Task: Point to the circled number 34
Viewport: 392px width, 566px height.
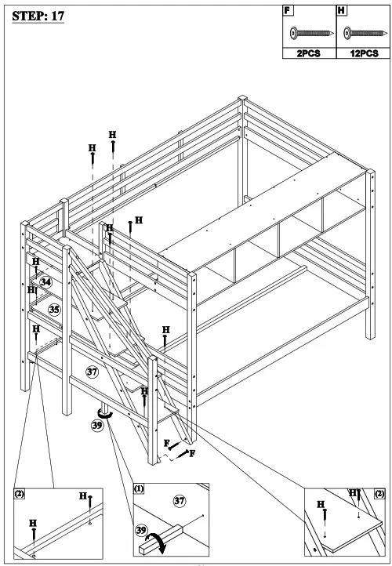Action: point(46,281)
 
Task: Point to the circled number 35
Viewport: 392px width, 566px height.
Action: point(54,309)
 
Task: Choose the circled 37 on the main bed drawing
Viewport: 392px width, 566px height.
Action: point(92,372)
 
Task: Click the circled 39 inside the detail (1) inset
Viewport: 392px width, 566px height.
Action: point(143,530)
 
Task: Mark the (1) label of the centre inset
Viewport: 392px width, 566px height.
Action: point(138,488)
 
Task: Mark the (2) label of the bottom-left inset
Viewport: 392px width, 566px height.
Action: point(20,494)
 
